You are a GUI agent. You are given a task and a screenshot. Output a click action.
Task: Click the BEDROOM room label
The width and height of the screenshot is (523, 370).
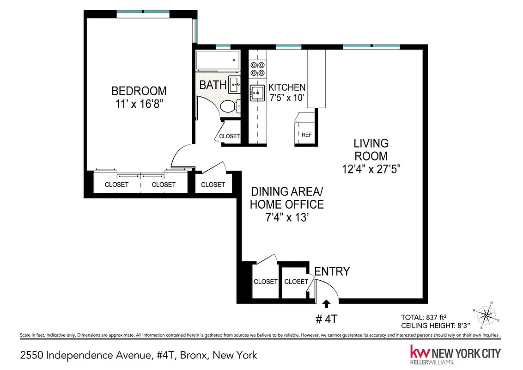(139, 91)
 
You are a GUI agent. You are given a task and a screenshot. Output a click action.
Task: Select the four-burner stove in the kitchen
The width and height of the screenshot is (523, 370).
(257, 69)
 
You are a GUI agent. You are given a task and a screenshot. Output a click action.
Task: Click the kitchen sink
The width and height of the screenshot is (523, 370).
(257, 93)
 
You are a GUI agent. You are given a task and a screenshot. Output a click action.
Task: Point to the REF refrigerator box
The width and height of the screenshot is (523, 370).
(307, 135)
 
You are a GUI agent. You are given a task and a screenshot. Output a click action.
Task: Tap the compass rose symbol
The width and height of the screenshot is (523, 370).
(486, 315)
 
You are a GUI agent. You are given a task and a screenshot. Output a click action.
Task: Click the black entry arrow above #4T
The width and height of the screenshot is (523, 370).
(327, 303)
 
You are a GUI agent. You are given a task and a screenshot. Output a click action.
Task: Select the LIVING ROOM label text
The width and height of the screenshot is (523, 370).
(371, 149)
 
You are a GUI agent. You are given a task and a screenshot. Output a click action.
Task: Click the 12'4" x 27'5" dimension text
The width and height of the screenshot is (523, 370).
(371, 169)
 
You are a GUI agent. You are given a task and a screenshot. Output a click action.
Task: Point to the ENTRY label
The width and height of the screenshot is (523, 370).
(332, 271)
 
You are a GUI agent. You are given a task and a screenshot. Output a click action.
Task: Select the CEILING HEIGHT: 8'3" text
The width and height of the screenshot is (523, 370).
(432, 326)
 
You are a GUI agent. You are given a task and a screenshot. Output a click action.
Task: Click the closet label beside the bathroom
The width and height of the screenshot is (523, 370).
(230, 136)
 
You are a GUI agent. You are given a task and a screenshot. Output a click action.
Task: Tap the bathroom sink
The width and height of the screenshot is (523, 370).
(234, 83)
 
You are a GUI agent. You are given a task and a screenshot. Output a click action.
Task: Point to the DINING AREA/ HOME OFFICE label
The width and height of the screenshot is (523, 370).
(287, 197)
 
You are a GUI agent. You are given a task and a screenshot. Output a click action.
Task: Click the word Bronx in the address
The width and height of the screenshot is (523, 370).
(192, 355)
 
